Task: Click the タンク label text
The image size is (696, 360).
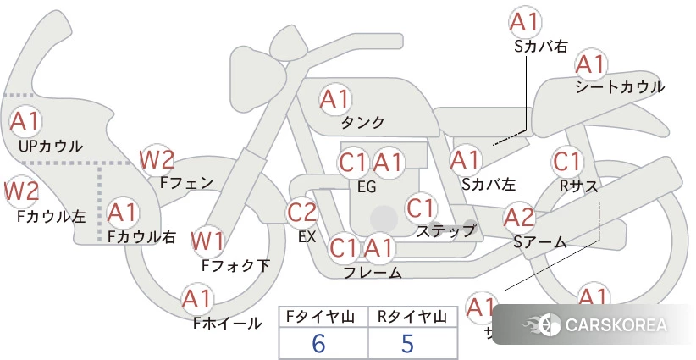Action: click(x=362, y=123)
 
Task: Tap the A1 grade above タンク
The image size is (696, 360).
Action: click(x=334, y=98)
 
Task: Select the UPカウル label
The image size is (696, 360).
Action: click(x=51, y=147)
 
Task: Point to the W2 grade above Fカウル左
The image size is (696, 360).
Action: click(x=22, y=191)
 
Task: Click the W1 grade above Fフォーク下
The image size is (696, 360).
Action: click(x=207, y=241)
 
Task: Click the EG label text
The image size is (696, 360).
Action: click(x=367, y=186)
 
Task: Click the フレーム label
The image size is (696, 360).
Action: click(x=373, y=273)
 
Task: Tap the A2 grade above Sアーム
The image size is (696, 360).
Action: click(x=519, y=218)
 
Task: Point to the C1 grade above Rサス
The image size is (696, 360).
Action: click(x=566, y=161)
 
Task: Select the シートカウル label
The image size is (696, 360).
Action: click(x=619, y=87)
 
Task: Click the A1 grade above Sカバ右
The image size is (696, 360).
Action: click(x=524, y=21)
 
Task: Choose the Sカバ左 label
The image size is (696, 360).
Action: click(x=489, y=183)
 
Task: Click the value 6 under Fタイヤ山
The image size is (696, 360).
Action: click(x=318, y=343)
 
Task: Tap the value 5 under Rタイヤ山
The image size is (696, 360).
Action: click(x=408, y=343)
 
